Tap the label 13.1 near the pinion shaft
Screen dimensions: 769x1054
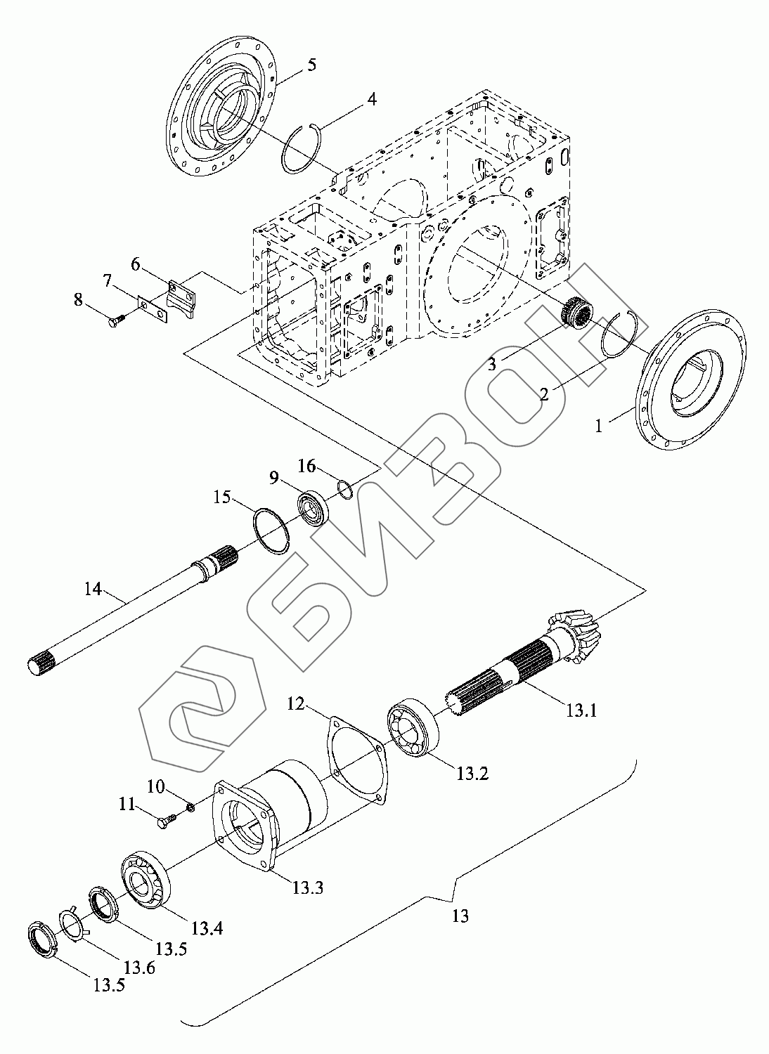(x=581, y=710)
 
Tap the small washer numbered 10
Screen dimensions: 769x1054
(x=189, y=813)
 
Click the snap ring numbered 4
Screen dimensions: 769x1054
(x=303, y=149)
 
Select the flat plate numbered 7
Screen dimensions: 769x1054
(x=152, y=309)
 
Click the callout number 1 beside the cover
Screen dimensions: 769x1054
(x=599, y=425)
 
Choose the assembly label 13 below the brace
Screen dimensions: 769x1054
(x=460, y=916)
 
